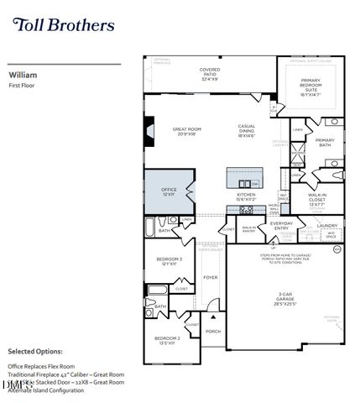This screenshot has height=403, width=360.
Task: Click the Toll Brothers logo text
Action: point(64,24)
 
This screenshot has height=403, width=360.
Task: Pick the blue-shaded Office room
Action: point(169,191)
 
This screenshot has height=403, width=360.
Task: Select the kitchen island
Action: point(244,177)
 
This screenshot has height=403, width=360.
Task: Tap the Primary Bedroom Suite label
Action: point(317,86)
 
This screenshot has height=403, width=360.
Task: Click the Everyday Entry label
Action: point(281,226)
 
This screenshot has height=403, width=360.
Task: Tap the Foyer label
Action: point(210,277)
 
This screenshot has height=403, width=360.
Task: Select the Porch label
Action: point(213,330)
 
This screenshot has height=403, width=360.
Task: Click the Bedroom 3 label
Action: point(170,261)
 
